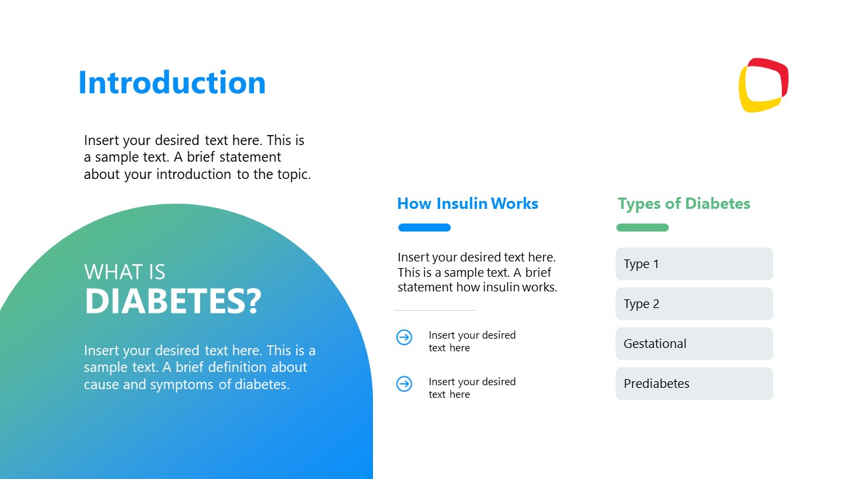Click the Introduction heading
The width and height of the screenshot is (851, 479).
click(x=172, y=83)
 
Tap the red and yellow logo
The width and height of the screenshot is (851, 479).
click(x=763, y=85)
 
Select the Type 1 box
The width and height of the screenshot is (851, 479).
click(x=694, y=264)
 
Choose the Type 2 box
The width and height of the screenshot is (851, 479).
click(x=694, y=304)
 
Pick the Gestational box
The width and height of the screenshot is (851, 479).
click(x=694, y=344)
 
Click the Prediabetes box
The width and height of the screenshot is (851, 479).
click(x=694, y=384)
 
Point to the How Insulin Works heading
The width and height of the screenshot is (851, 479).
click(x=467, y=204)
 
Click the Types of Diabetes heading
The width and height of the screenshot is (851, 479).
click(x=683, y=204)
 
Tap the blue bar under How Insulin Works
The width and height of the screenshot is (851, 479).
click(x=424, y=228)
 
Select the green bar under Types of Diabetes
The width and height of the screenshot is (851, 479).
click(x=642, y=228)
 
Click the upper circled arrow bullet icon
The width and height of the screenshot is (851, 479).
click(x=404, y=337)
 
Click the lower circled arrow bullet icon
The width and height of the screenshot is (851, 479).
click(x=404, y=384)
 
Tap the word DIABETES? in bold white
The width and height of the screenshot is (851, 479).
click(x=173, y=301)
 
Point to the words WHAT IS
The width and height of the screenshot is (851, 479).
click(x=124, y=272)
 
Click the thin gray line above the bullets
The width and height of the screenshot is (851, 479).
click(x=435, y=310)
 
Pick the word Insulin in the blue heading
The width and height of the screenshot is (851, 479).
click(x=461, y=204)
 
